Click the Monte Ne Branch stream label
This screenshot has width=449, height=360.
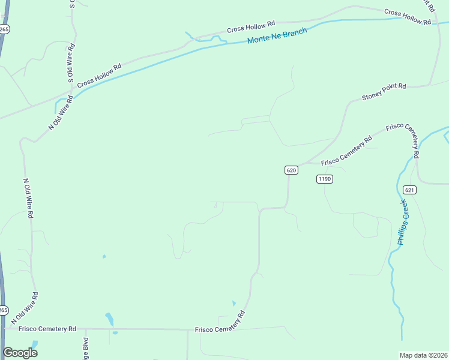[277, 36]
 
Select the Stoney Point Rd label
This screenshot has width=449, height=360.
[384, 92]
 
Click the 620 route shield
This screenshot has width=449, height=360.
[291, 170]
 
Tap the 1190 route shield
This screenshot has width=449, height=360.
[325, 179]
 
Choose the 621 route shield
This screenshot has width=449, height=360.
[409, 190]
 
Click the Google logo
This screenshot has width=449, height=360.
[20, 353]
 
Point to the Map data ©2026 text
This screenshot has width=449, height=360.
[423, 355]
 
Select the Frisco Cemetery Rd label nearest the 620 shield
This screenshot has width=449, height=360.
[346, 151]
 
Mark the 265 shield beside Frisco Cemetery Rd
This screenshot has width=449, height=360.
[4, 310]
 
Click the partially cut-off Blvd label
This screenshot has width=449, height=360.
[86, 349]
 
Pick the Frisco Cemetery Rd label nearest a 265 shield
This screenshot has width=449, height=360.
[47, 329]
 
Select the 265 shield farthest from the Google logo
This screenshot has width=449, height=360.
[4, 28]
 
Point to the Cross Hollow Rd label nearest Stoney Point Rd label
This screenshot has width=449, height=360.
[408, 16]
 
